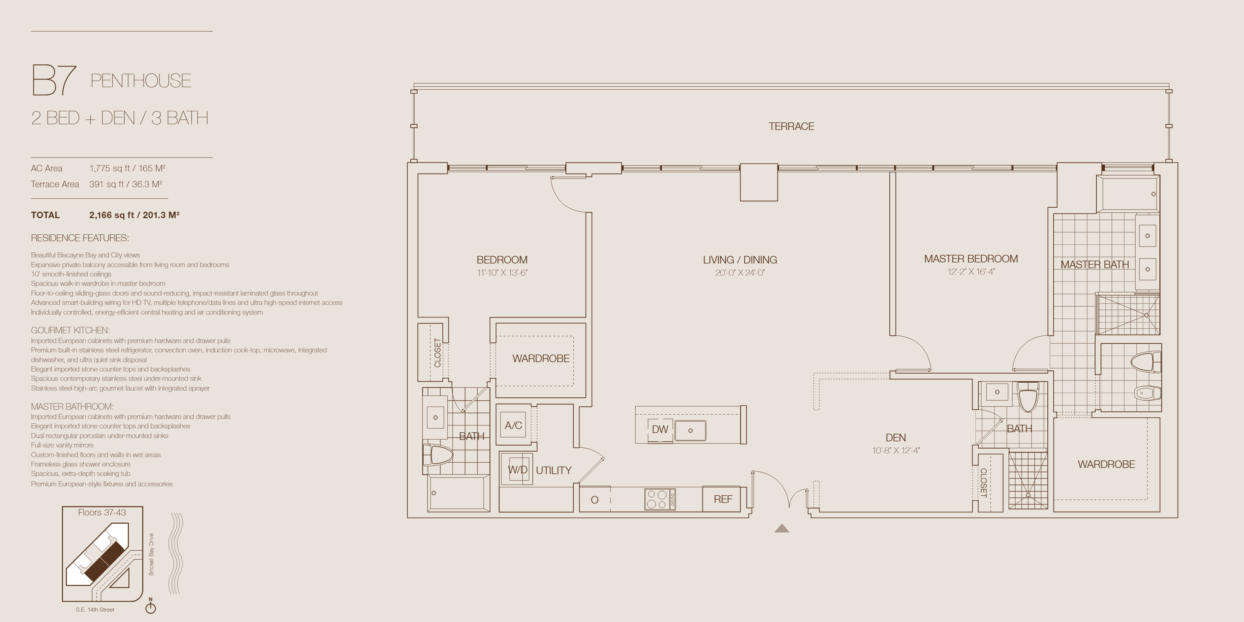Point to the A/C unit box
pyautogui.click(x=513, y=425)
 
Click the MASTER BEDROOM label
pyautogui.click(x=971, y=259)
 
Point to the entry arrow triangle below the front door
pyautogui.click(x=782, y=528)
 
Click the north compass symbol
pyautogui.click(x=151, y=607)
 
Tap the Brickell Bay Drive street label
pyautogui.click(x=151, y=554)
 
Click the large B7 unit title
pyautogui.click(x=54, y=80)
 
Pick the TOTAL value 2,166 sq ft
pyautogui.click(x=112, y=215)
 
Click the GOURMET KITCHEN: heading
pyautogui.click(x=70, y=330)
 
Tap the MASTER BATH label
pyautogui.click(x=1094, y=265)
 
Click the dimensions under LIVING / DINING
pyautogui.click(x=740, y=273)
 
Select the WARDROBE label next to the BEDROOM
pyautogui.click(x=541, y=358)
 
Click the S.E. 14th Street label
pyautogui.click(x=95, y=610)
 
